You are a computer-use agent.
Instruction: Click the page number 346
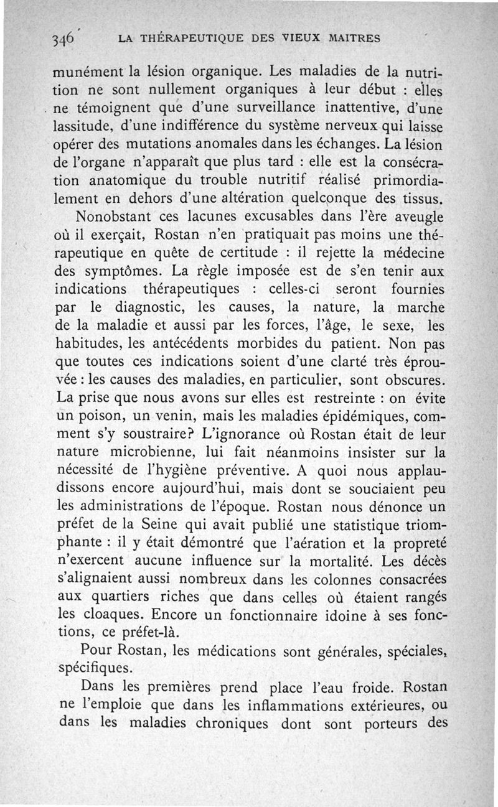[x=63, y=38]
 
